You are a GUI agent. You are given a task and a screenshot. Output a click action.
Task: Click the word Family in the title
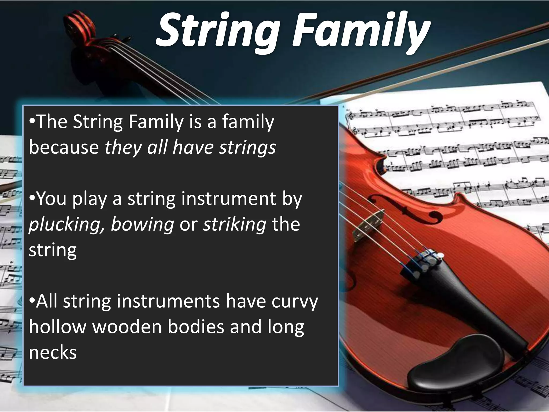359,32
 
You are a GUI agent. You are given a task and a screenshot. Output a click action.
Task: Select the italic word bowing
142,225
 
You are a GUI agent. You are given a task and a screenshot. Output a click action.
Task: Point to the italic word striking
235,225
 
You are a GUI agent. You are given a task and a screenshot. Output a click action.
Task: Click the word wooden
127,327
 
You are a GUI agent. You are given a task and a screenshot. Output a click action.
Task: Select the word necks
53,352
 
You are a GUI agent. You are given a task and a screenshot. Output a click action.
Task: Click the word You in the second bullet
51,199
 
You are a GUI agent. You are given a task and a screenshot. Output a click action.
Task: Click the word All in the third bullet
47,302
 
